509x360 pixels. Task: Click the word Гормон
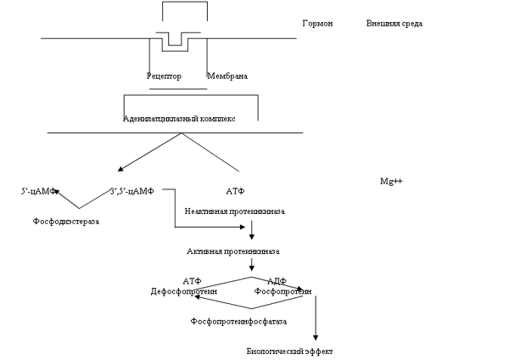[x=317, y=23]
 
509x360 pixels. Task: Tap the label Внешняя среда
[x=394, y=23]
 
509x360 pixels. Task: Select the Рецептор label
[x=164, y=76]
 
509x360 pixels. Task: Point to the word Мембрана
[x=227, y=76]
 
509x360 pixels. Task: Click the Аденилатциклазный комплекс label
[x=178, y=119]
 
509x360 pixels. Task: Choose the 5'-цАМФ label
[x=38, y=191]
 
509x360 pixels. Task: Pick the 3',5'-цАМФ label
[x=131, y=191]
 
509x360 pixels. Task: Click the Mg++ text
[x=392, y=183]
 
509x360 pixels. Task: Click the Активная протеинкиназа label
[x=233, y=252]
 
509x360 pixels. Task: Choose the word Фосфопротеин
[x=283, y=291]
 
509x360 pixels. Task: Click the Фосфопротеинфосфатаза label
[x=238, y=322]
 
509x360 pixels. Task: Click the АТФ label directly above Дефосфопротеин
[x=192, y=281]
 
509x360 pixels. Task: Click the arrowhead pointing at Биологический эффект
[x=316, y=336]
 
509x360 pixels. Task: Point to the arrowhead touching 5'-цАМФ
[x=56, y=193]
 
